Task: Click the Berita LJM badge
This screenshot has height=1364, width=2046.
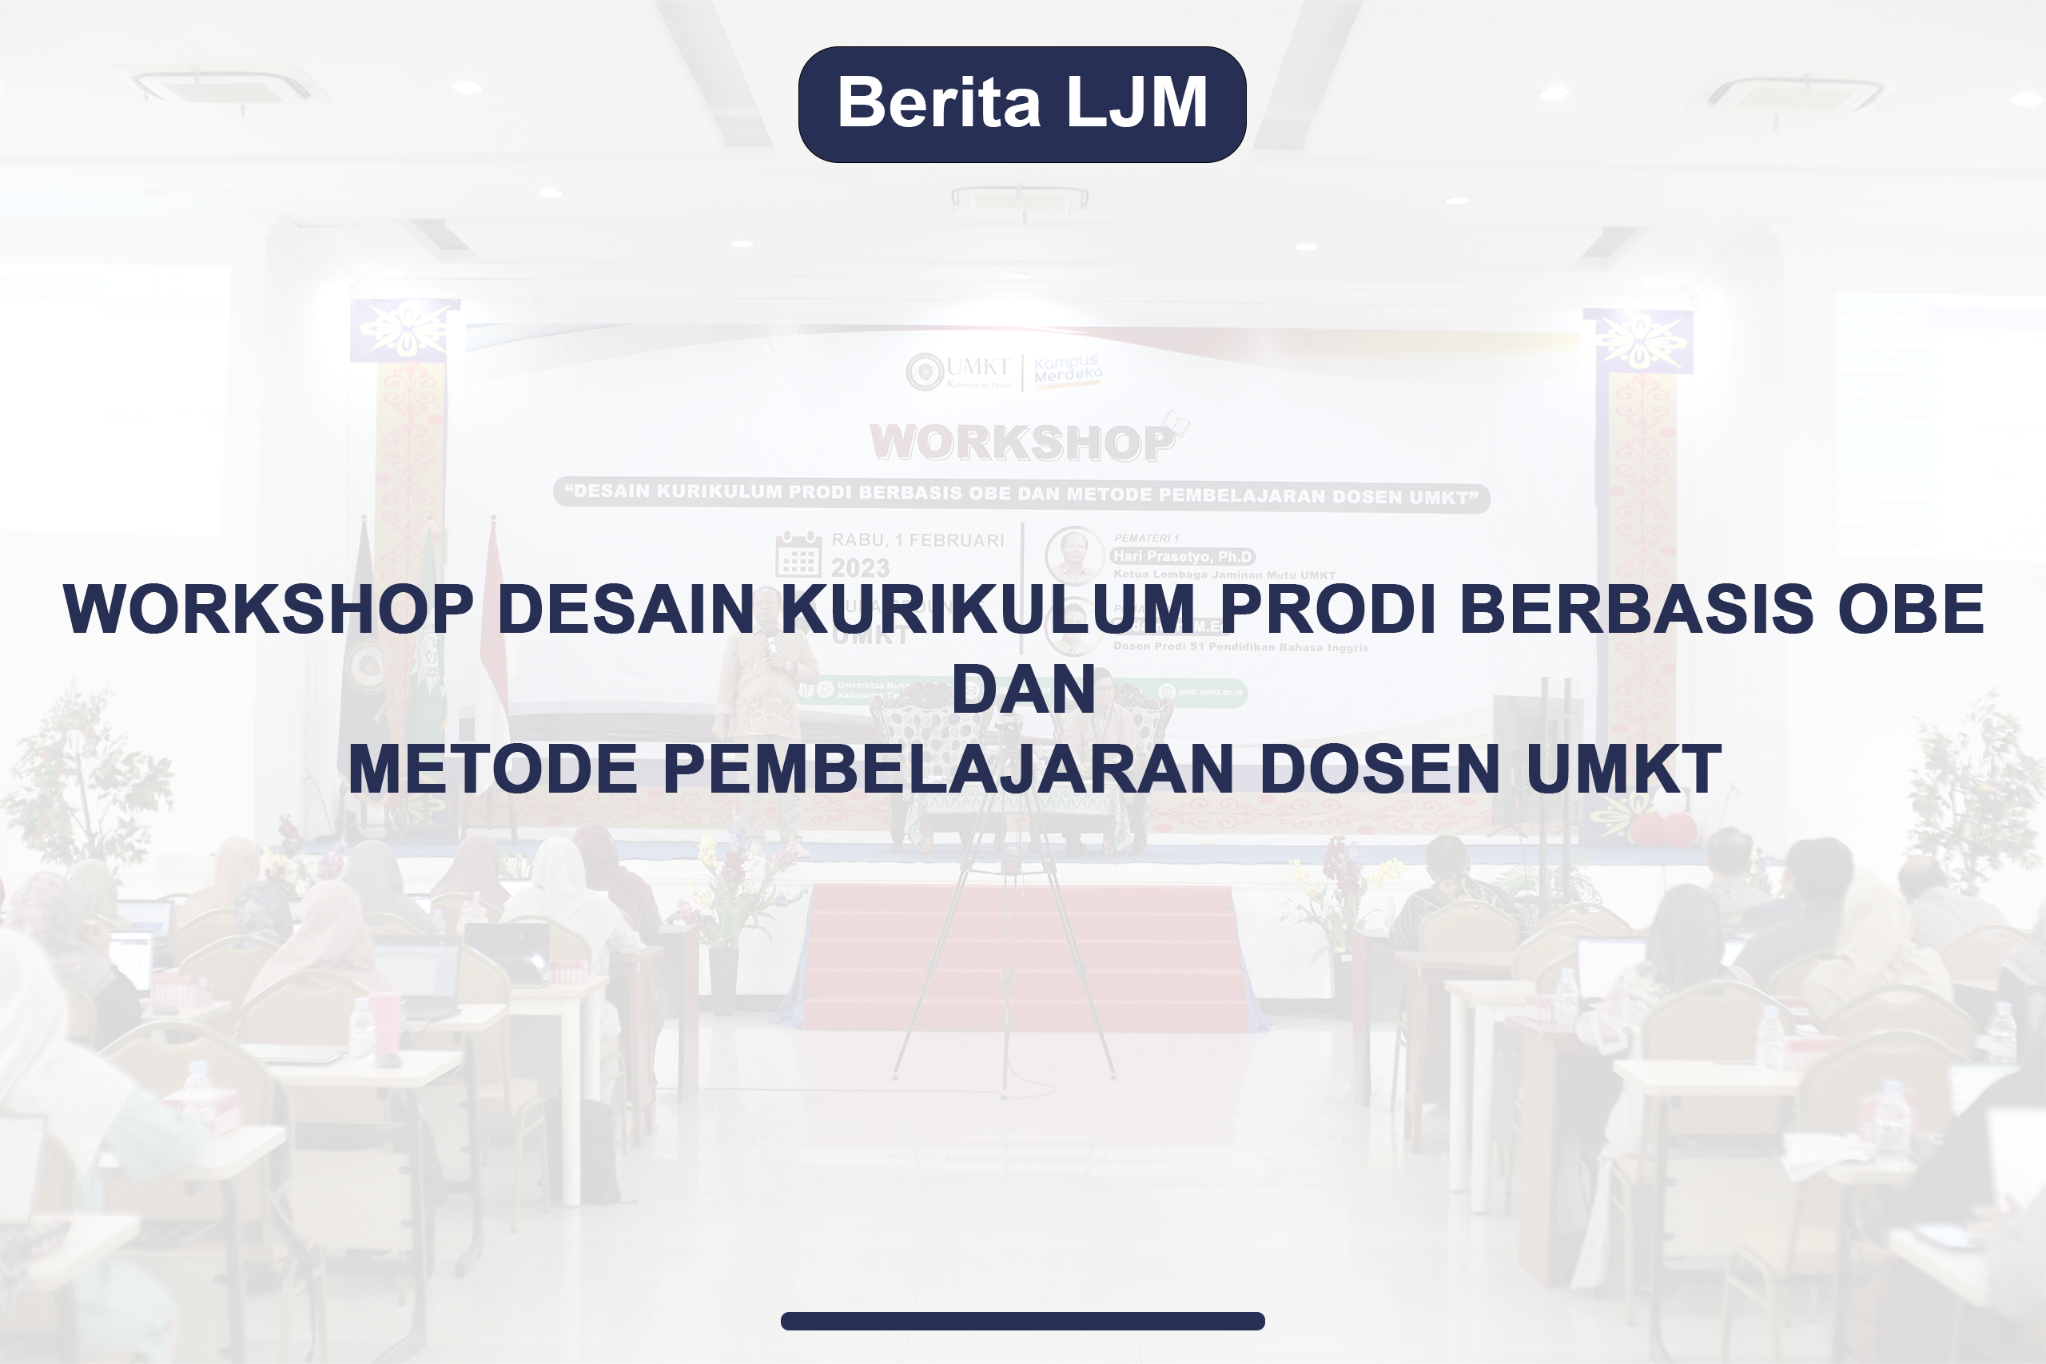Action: point(1022,105)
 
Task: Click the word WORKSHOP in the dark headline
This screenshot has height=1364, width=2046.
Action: point(268,609)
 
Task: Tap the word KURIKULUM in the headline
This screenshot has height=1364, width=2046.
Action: point(987,609)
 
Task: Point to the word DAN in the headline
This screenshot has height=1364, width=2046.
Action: point(1023,689)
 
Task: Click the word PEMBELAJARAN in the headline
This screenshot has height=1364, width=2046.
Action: point(948,769)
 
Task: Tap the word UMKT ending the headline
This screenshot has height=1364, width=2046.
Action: point(1623,769)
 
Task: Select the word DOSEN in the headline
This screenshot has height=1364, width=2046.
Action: point(1379,769)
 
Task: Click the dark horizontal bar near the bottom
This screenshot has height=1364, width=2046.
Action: point(1022,1321)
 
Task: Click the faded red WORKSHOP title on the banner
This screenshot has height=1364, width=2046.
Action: point(1022,443)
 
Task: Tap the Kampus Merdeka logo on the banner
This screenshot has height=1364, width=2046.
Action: point(1068,371)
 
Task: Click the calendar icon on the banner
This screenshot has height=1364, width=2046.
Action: point(798,554)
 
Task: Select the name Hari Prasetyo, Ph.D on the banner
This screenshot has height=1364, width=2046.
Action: point(1182,556)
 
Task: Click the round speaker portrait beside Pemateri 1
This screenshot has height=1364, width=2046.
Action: point(1073,554)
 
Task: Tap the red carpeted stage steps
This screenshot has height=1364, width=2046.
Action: point(1022,957)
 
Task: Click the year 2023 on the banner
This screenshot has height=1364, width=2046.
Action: point(859,568)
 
